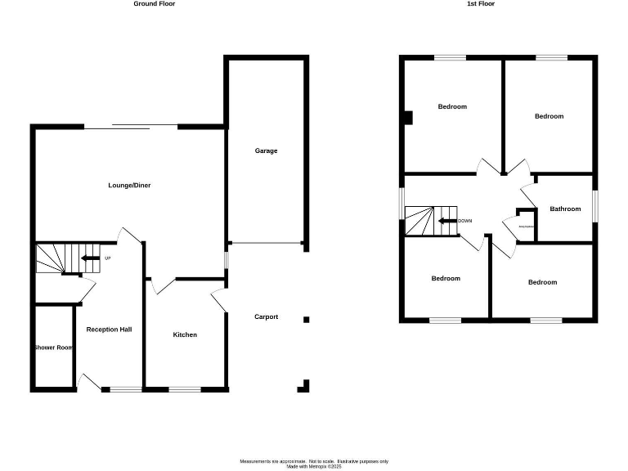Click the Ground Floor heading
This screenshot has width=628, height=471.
(155, 4)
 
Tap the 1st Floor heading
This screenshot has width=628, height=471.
(480, 4)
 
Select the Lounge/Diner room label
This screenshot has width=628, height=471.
(129, 186)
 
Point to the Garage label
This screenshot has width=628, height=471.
(266, 151)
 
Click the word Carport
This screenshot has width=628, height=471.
(266, 317)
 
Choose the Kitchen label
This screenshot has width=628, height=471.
(185, 334)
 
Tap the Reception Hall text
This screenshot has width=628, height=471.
(109, 330)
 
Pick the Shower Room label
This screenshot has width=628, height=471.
(53, 348)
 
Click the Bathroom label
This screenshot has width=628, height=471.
(565, 209)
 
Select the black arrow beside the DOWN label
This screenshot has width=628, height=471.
(446, 221)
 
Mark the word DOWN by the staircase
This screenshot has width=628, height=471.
(465, 221)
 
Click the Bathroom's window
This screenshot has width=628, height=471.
(595, 208)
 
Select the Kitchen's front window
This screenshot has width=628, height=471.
(184, 389)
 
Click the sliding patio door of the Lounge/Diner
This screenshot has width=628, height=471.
(131, 127)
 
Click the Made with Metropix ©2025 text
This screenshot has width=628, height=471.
(313, 467)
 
